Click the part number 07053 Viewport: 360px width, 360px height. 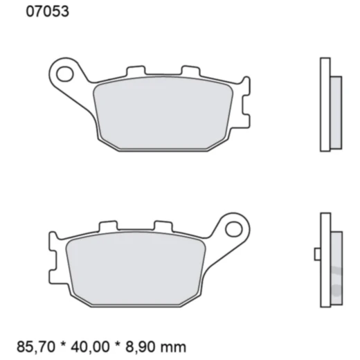click(47, 12)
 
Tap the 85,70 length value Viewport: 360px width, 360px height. click(33, 344)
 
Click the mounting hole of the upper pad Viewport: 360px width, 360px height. click(66, 71)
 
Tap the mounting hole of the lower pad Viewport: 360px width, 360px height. click(233, 227)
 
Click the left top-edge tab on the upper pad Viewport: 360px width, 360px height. click(135, 71)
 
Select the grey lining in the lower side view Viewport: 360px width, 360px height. click(336, 263)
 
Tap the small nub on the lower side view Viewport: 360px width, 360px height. click(316, 255)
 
